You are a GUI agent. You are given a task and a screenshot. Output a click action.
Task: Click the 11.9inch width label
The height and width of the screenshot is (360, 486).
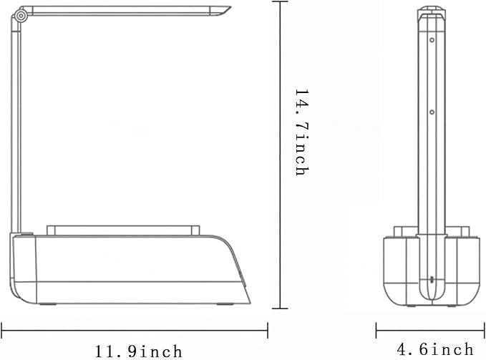click(x=138, y=351)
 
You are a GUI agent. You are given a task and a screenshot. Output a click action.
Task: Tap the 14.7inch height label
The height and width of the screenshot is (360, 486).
click(x=302, y=132)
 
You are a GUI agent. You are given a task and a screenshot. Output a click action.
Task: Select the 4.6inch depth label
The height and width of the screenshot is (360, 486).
click(x=435, y=349)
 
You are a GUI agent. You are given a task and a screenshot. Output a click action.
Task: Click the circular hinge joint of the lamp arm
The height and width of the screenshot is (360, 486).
click(x=21, y=16)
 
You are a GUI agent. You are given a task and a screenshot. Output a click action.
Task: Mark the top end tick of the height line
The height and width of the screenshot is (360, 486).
click(x=280, y=1)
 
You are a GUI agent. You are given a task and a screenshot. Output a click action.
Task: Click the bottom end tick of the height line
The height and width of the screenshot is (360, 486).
click(x=280, y=308)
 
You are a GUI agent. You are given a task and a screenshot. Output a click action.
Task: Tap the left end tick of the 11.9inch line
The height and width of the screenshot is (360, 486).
click(x=1, y=331)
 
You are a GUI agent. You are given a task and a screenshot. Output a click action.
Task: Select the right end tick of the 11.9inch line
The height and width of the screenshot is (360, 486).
click(x=268, y=331)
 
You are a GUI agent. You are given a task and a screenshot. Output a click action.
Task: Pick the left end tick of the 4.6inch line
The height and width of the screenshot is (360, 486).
click(x=376, y=330)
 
